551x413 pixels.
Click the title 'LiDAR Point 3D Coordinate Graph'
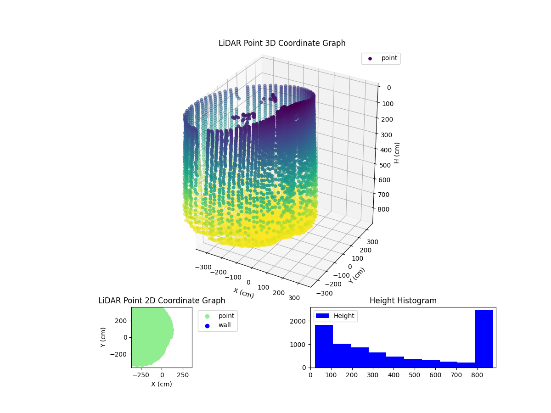click(282, 43)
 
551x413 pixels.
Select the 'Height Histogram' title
click(403, 301)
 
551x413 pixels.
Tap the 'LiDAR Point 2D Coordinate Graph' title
click(162, 301)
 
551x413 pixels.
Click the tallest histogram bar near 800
click(484, 339)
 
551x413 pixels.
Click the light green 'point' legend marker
click(207, 316)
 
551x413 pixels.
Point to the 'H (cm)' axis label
click(397, 152)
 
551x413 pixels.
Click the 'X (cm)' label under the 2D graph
click(162, 384)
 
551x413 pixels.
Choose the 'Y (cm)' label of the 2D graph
click(103, 337)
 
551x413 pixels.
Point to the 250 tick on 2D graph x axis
click(183, 375)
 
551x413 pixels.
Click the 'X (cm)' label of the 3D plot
click(243, 292)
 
